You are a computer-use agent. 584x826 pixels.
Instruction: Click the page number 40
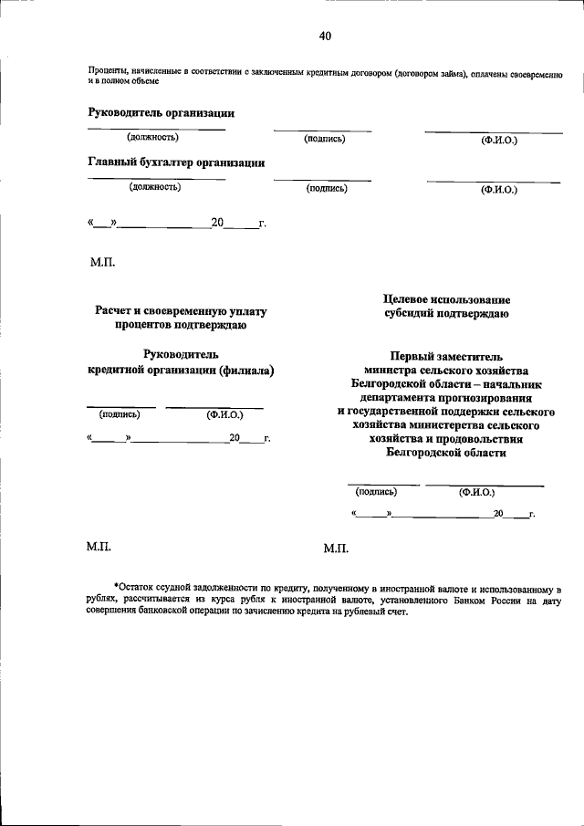tap(325, 37)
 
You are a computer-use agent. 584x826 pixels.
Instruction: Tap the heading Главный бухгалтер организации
tap(176, 163)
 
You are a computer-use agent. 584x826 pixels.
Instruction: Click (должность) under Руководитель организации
tap(152, 138)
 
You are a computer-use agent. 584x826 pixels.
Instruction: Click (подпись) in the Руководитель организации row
tap(324, 139)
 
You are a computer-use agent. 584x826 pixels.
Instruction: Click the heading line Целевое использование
tap(447, 299)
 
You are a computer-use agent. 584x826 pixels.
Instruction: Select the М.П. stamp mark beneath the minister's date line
tap(336, 549)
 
